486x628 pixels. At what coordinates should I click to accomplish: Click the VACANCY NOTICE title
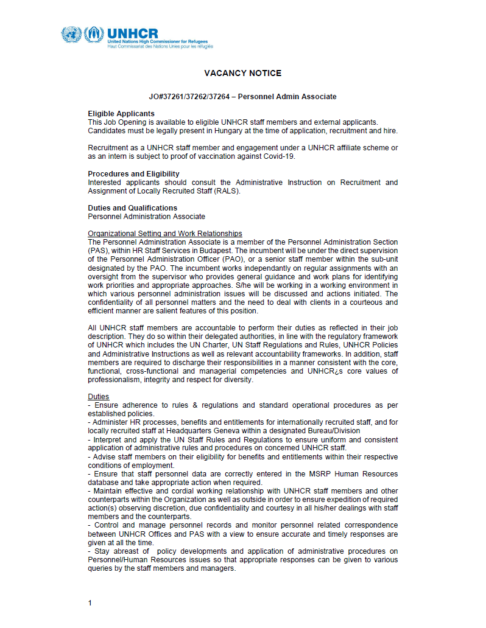242,74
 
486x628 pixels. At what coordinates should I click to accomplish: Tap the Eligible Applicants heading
121,114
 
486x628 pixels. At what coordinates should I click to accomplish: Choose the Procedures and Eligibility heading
133,174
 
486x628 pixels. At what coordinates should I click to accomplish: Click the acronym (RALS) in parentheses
228,191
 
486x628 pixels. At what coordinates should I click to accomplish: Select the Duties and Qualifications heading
133,208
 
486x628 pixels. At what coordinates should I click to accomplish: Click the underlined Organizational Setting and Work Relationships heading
165,234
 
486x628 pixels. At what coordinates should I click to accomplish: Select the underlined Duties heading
99,397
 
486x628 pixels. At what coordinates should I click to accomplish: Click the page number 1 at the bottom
90,603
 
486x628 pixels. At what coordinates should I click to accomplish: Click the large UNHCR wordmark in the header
132,33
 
